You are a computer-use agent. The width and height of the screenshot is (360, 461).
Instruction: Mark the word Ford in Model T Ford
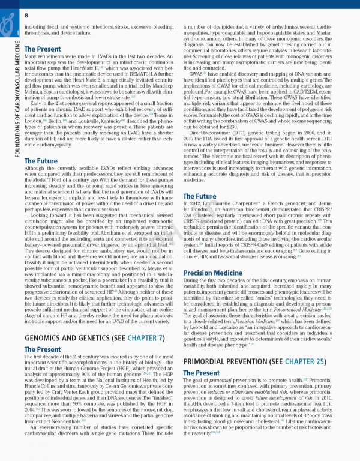tap(62, 179)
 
